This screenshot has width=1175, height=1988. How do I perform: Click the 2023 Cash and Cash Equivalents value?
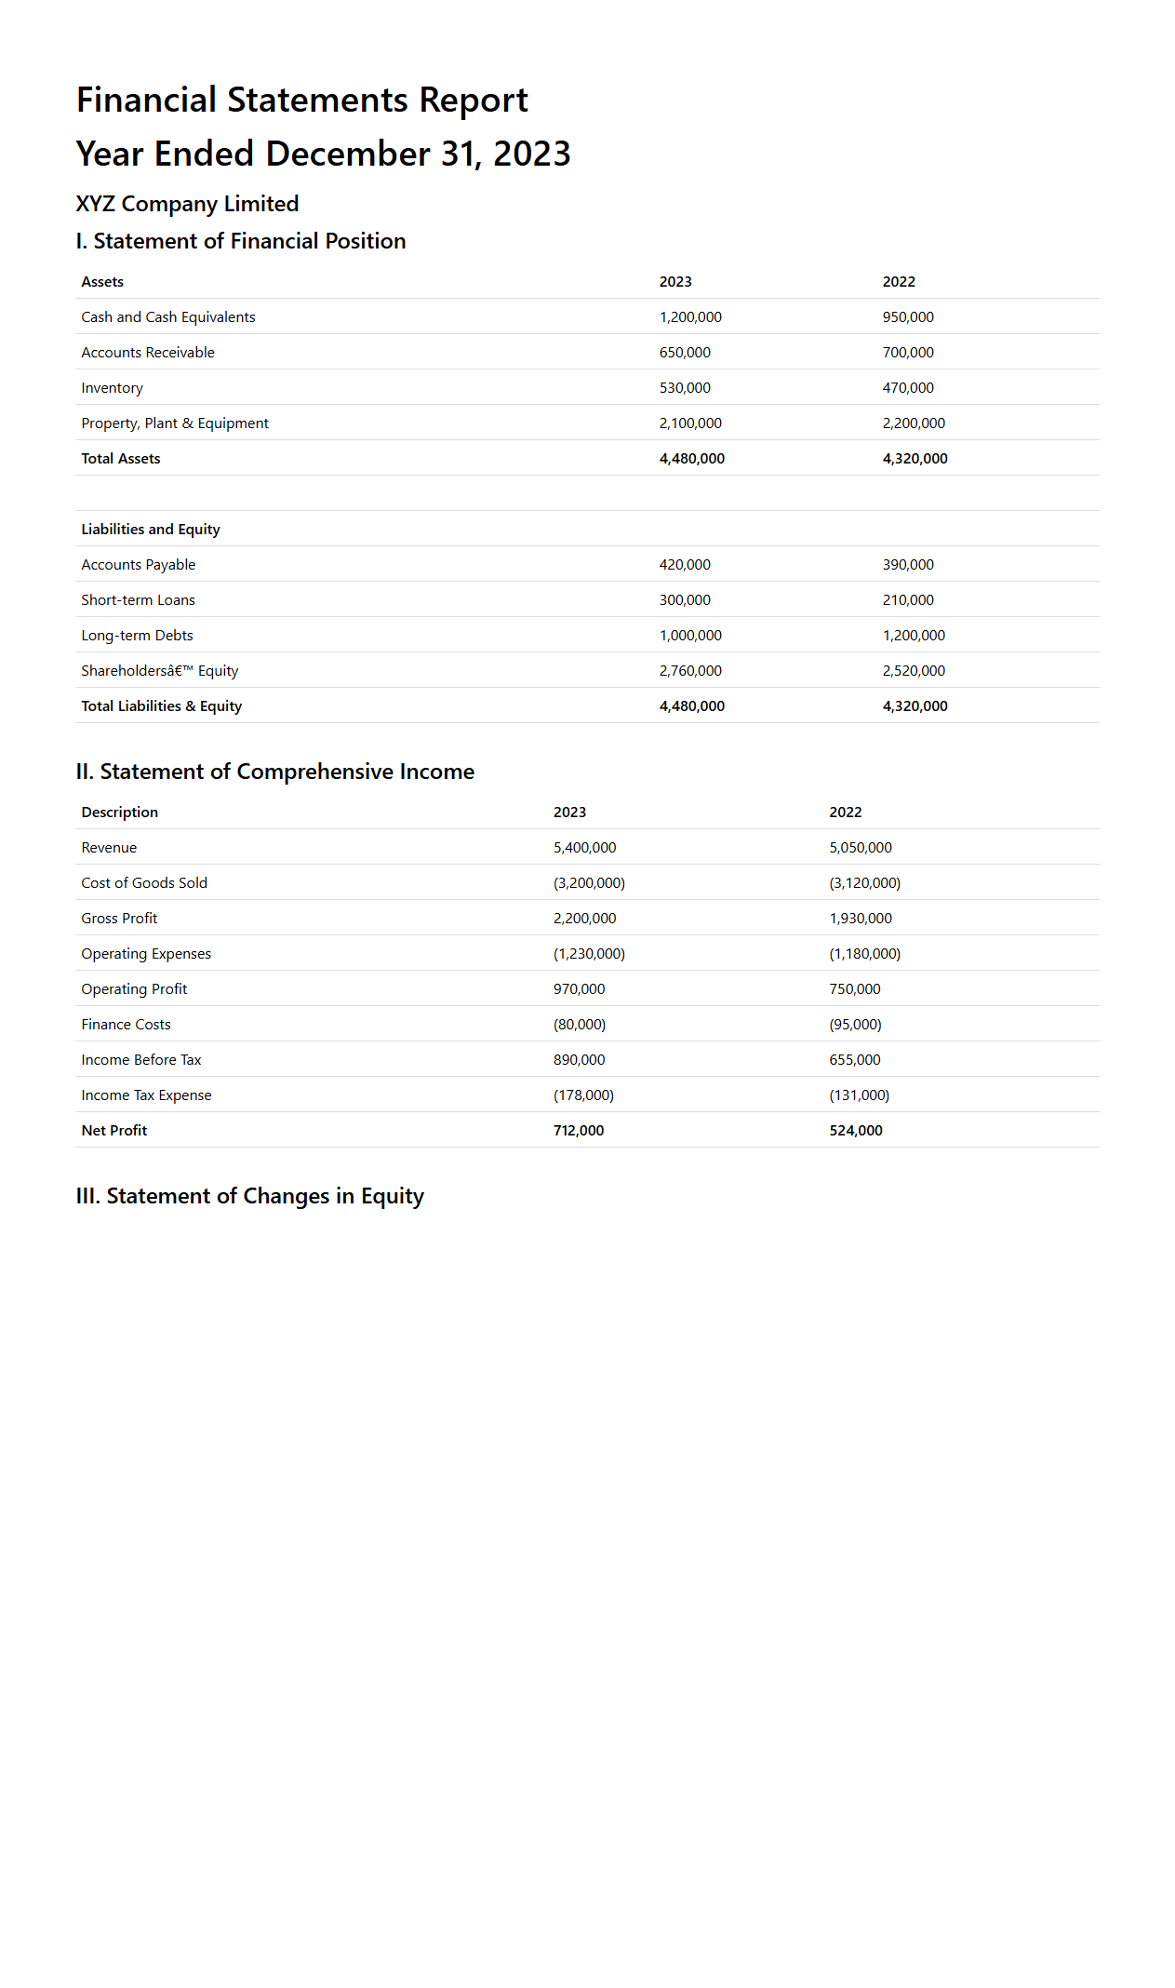pos(690,317)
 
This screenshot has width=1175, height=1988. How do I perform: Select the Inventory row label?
pos(112,388)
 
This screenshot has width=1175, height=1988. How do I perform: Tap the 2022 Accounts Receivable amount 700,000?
pos(908,353)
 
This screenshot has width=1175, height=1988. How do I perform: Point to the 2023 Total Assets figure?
pos(691,459)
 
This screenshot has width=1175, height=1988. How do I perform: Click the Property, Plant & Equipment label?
pos(175,423)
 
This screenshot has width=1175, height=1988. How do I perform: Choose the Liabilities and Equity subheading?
pos(151,530)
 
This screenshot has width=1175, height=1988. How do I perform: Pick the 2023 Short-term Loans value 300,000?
pos(685,600)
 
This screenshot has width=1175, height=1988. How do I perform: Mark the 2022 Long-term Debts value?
pos(914,636)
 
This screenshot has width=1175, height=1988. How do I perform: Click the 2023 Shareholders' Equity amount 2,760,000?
pos(690,671)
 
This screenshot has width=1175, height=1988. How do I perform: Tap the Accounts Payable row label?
pos(139,565)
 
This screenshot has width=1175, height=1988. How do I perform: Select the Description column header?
pos(120,813)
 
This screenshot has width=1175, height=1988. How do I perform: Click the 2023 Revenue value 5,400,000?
pos(584,848)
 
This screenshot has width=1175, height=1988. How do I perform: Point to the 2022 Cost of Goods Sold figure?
pos(864,883)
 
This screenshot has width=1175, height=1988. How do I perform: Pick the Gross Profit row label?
pos(119,919)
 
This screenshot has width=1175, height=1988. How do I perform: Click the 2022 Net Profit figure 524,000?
pos(856,1131)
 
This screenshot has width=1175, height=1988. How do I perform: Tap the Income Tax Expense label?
pos(146,1095)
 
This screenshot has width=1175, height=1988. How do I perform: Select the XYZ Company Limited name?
pos(187,204)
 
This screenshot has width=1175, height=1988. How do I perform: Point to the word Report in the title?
pos(474,101)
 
